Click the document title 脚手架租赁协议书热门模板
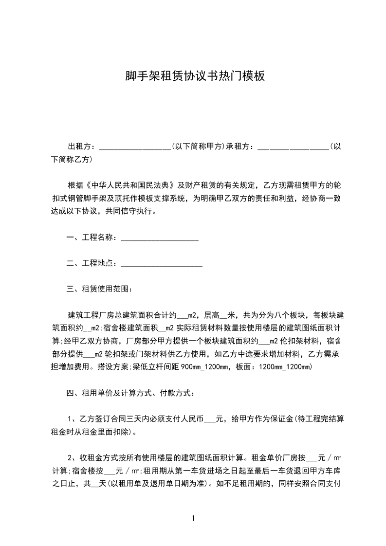tap(195, 76)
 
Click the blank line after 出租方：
tap(134, 146)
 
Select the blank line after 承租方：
tap(293, 146)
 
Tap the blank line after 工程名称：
tap(159, 238)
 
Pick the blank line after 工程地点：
tap(161, 264)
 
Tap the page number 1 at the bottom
tap(194, 518)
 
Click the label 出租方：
tap(82, 146)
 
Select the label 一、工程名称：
tap(92, 238)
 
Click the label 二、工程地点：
tap(92, 264)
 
